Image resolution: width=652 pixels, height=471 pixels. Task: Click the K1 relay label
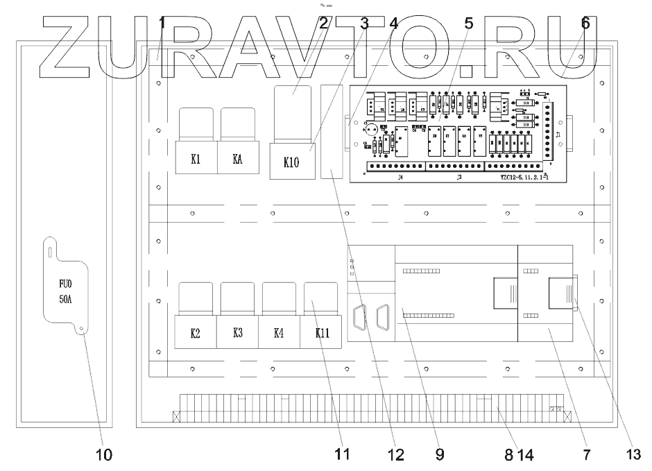pos(196,158)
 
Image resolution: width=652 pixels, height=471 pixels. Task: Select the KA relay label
pos(237,158)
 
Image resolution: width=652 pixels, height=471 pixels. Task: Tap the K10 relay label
pos(291,163)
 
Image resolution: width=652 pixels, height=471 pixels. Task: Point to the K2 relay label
pos(196,334)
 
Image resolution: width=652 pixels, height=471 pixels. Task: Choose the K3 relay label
pos(237,334)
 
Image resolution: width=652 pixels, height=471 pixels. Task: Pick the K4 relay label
pos(278,334)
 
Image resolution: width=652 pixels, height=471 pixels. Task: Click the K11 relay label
pos(321,334)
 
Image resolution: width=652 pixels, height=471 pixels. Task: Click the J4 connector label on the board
pos(380,177)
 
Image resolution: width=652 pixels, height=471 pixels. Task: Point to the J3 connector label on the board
pos(460,177)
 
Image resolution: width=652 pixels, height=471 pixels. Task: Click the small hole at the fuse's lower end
pos(80,331)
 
